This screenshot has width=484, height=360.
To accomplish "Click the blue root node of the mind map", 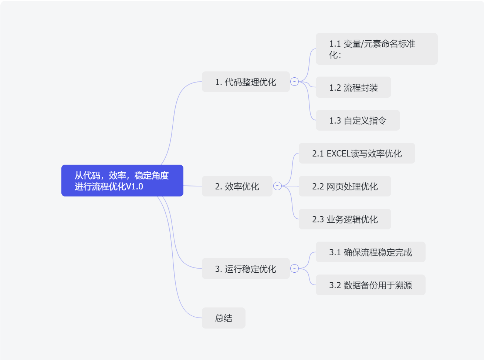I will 122,181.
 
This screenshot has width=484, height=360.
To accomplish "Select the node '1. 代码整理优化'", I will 246,82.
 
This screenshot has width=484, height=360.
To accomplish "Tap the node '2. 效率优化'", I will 237,186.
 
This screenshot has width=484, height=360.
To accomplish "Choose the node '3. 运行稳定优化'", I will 246,269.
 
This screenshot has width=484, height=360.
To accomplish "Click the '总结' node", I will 223,318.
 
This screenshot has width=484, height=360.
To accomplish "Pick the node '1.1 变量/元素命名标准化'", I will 376,49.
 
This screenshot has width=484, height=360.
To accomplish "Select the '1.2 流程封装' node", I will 353,87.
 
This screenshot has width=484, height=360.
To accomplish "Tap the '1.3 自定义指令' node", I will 358,120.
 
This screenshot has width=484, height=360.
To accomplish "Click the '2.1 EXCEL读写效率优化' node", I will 357,153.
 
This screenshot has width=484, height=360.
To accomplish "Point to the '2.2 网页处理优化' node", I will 345,186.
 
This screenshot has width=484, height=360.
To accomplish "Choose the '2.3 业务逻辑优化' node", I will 345,219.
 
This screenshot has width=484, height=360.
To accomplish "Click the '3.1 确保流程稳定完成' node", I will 370,252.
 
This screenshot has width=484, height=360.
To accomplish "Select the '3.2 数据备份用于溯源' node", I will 370,285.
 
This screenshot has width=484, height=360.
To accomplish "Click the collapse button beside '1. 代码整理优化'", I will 294,81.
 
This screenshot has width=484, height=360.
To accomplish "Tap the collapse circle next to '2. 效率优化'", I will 277,186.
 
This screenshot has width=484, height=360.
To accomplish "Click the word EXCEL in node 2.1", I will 338,154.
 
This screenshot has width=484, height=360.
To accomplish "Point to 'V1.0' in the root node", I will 135,186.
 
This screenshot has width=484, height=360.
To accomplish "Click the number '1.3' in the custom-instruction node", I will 335,121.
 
